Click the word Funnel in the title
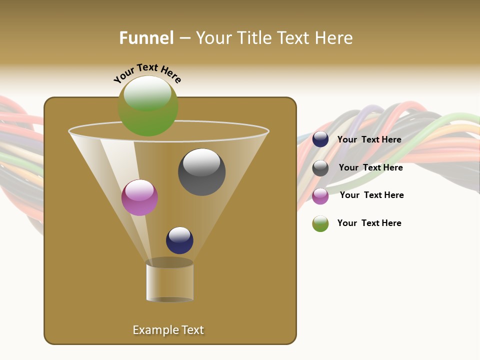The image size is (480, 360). (x=146, y=37)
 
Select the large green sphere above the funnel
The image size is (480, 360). (x=148, y=106)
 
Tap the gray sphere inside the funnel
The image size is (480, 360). (x=202, y=172)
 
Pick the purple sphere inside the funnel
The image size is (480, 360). (x=139, y=197)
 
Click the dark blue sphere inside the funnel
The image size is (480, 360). (x=179, y=240)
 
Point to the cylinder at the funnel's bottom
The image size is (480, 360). (x=169, y=282)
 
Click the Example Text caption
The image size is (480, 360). (x=168, y=330)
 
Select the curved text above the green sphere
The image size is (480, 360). (x=147, y=72)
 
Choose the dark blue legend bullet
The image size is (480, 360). (x=320, y=139)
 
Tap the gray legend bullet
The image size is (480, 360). (x=320, y=168)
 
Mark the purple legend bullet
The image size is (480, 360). (x=320, y=196)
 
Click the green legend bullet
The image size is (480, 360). (x=320, y=223)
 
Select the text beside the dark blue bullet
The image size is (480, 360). (x=369, y=139)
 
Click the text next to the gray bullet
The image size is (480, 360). (x=370, y=167)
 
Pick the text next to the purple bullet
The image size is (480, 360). (x=371, y=195)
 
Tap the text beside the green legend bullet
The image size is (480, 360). (x=369, y=223)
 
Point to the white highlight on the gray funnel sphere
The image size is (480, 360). (x=201, y=162)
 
